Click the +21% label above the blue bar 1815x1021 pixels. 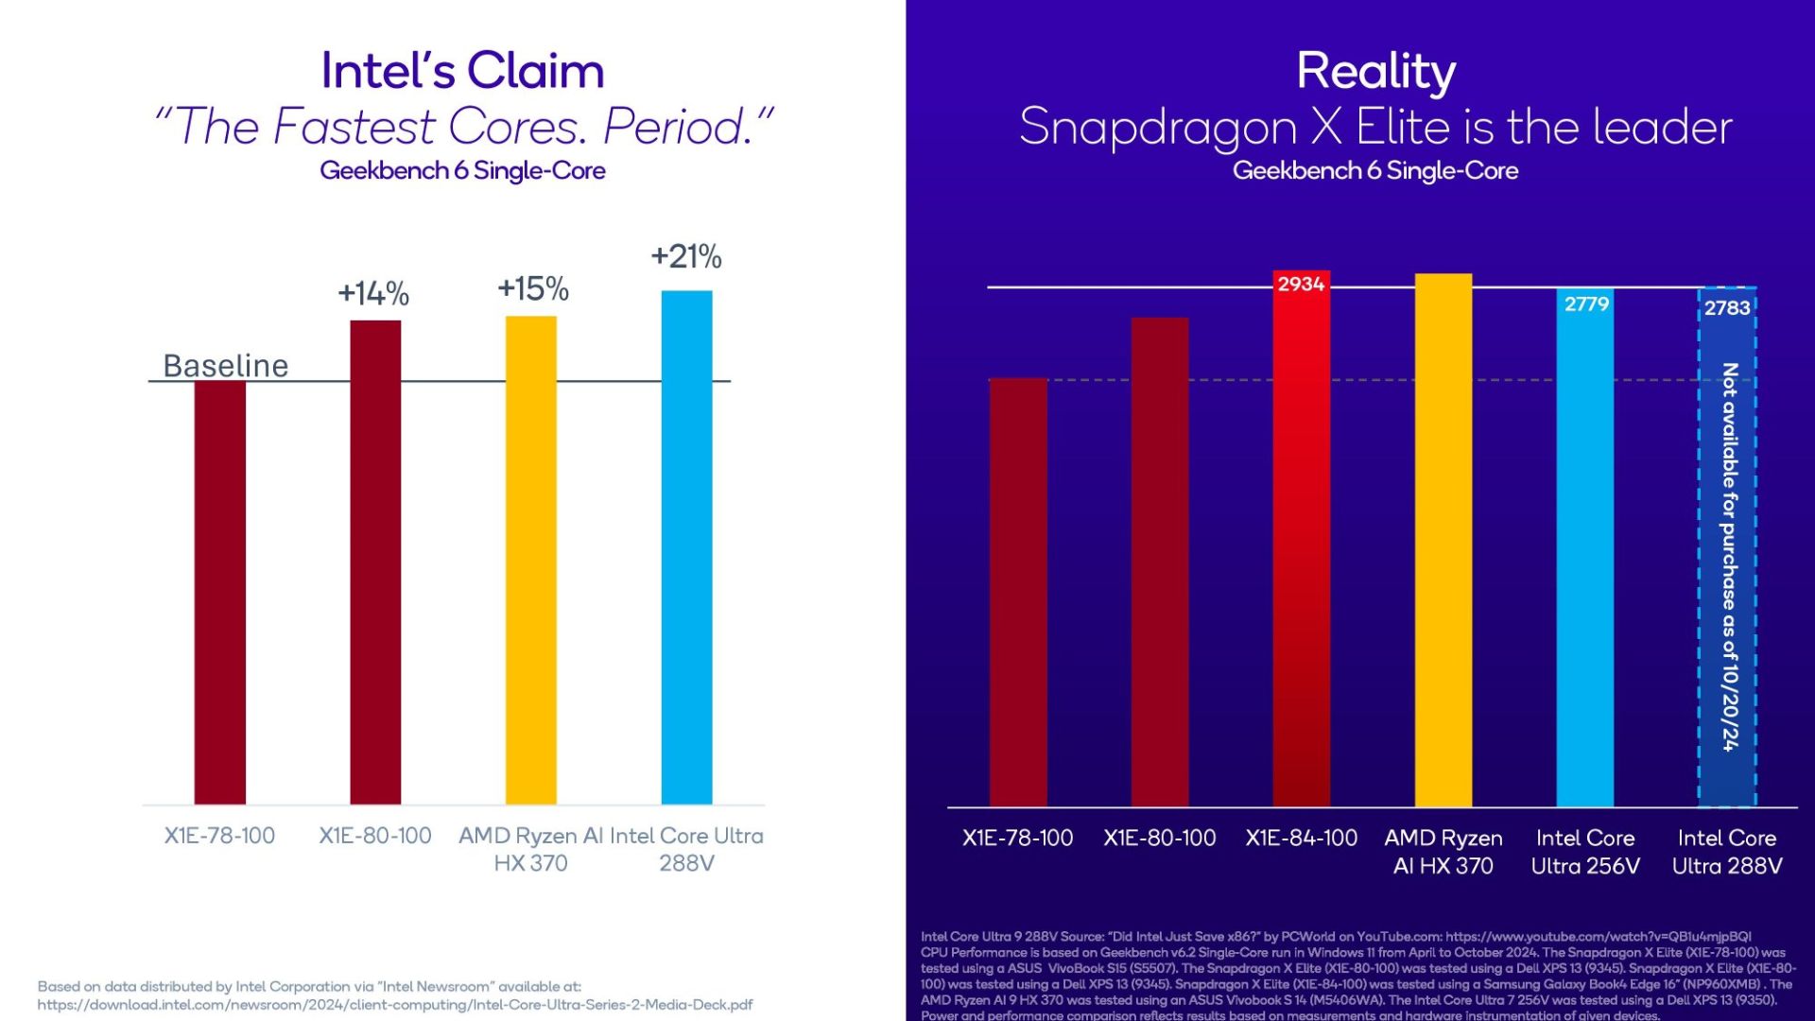click(x=686, y=256)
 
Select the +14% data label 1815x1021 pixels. click(x=373, y=293)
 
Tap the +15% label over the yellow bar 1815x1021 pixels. click(x=533, y=288)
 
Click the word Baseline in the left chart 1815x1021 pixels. click(x=226, y=366)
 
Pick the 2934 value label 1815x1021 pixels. click(x=1301, y=284)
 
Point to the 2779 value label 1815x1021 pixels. click(x=1586, y=303)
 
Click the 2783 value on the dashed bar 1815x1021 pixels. click(x=1727, y=307)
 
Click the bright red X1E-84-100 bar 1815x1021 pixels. click(x=1301, y=548)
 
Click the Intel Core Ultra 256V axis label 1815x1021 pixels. click(x=1585, y=852)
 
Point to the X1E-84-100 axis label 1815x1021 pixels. click(x=1301, y=838)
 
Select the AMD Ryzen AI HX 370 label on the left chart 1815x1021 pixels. click(x=530, y=849)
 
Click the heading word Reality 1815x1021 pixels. click(x=1375, y=71)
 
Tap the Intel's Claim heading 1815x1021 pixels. click(x=462, y=71)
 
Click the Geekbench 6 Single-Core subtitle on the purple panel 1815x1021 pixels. click(x=1375, y=171)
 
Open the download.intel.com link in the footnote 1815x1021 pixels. click(x=394, y=1005)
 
